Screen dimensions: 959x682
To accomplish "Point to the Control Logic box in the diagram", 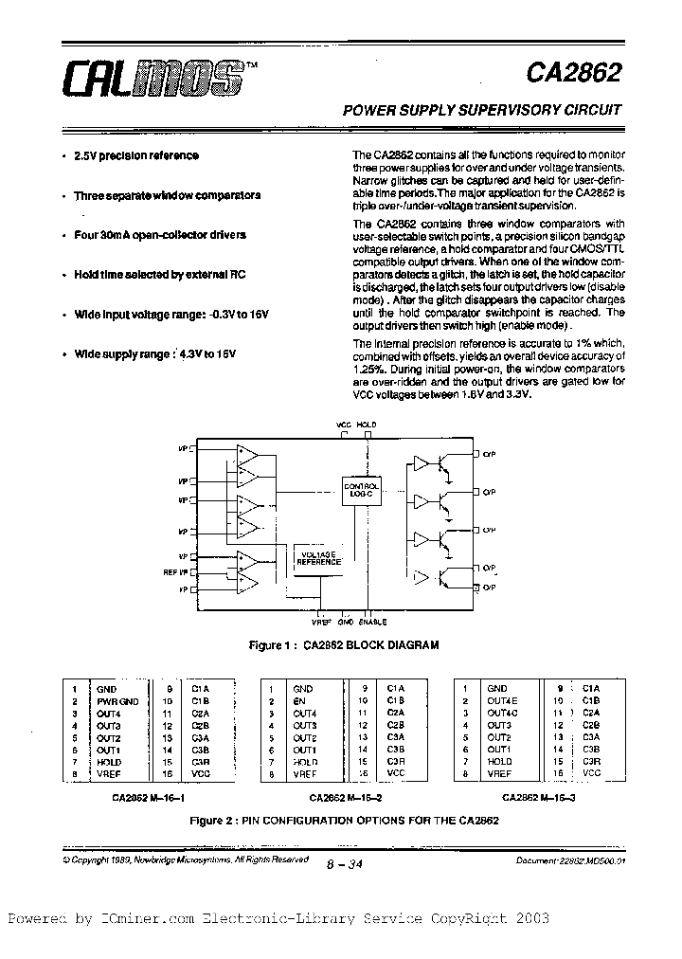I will coord(362,489).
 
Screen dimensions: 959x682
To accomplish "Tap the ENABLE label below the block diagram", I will coord(373,623).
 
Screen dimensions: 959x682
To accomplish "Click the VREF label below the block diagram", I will coord(322,623).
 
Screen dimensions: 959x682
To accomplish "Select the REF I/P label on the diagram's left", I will coord(176,571).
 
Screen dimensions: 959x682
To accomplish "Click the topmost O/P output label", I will coord(489,454).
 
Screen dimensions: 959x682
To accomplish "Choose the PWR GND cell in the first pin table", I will coord(117,701).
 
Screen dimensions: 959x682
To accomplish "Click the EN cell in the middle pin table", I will coord(298,701).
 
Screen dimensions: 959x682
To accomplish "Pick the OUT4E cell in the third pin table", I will coord(502,701).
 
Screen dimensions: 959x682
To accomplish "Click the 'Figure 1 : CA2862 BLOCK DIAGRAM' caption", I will coord(343,645).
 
